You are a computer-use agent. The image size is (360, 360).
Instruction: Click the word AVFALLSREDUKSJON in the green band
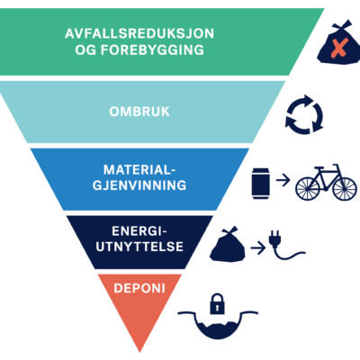(139, 33)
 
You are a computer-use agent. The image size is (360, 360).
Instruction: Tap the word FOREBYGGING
(152, 49)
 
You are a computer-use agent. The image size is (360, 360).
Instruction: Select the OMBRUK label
(139, 112)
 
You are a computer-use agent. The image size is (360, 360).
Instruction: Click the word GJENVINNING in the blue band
(139, 185)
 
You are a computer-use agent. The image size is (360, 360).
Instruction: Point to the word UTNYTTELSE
(139, 247)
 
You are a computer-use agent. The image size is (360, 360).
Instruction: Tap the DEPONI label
(139, 288)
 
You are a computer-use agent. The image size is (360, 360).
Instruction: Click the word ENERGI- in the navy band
(139, 231)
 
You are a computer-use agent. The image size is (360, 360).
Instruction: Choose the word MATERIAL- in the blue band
(139, 170)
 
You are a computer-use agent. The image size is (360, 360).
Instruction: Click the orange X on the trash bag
(338, 49)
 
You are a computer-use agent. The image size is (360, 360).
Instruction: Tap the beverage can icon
(261, 184)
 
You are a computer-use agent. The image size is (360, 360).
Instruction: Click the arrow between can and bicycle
(283, 180)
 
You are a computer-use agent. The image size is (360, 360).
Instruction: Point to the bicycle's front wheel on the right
(345, 189)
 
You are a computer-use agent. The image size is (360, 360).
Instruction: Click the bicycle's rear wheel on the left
(308, 189)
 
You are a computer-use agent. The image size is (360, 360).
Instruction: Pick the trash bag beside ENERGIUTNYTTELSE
(228, 245)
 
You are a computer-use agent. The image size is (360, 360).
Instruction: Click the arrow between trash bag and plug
(258, 248)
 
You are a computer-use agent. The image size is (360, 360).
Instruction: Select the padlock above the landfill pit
(217, 303)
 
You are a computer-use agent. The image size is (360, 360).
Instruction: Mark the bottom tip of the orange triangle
(139, 352)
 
